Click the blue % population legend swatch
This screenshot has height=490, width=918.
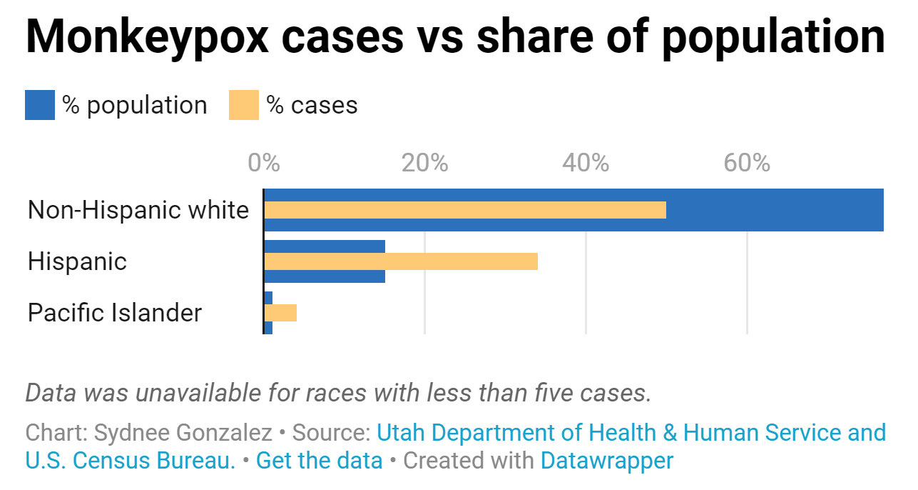[x=39, y=105]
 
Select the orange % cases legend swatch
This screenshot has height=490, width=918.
[x=243, y=105]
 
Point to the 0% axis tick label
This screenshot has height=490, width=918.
[x=263, y=163]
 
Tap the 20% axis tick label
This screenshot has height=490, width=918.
[x=424, y=163]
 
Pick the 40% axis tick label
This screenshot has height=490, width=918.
[x=586, y=163]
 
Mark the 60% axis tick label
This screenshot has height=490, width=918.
[x=747, y=163]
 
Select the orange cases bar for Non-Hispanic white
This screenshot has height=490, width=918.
[x=464, y=210]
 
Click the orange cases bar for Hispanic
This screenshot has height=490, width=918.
[x=400, y=261]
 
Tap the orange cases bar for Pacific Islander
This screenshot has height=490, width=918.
[x=280, y=313]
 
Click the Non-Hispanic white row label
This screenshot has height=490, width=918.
[x=138, y=210]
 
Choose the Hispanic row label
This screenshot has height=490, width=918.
[x=77, y=261]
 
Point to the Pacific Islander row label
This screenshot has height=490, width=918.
[x=115, y=313]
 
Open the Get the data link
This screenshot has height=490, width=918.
[x=319, y=461]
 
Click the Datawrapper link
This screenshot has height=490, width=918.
[x=606, y=461]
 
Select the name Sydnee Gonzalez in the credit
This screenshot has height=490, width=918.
[x=183, y=433]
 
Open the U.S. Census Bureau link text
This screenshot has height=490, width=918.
[x=130, y=461]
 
